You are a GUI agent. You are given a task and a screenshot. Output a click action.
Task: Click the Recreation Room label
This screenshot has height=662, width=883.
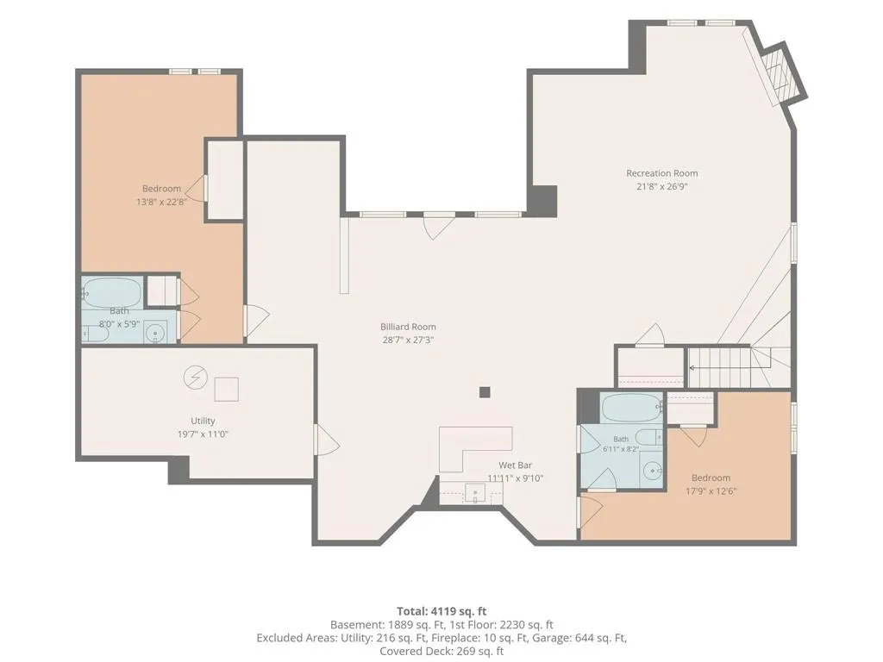coord(661,173)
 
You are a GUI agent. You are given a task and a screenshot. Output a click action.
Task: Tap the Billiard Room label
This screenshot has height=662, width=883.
coord(408,327)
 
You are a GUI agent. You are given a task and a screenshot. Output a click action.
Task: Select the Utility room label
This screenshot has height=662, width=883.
coord(203,421)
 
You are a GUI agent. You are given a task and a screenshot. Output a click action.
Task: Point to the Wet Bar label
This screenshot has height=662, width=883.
coord(515,465)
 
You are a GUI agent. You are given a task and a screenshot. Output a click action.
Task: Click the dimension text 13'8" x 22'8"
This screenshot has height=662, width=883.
coord(161,202)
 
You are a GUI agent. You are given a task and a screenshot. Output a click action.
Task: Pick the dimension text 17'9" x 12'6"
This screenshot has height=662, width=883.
coord(711,490)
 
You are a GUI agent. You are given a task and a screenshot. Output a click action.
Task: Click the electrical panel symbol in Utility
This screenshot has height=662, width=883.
coord(196,378)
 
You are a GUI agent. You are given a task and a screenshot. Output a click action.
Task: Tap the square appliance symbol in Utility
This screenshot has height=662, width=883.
coord(227,389)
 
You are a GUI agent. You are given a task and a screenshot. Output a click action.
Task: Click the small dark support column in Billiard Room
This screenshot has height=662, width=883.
coord(485,392)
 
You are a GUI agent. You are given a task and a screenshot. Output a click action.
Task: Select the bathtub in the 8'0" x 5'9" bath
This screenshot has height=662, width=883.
coord(112,291)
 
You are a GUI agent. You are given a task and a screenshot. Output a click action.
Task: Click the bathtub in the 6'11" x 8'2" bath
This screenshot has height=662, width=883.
coord(631,408)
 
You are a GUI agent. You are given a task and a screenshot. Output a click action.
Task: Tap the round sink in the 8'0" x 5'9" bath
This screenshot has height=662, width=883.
coord(155,332)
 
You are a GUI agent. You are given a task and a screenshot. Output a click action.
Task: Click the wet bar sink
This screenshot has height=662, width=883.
coord(475,495)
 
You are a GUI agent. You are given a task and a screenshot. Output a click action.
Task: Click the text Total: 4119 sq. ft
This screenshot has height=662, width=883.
coord(441,611)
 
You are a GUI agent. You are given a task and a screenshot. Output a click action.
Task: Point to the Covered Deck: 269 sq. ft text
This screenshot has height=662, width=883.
coord(441,652)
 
